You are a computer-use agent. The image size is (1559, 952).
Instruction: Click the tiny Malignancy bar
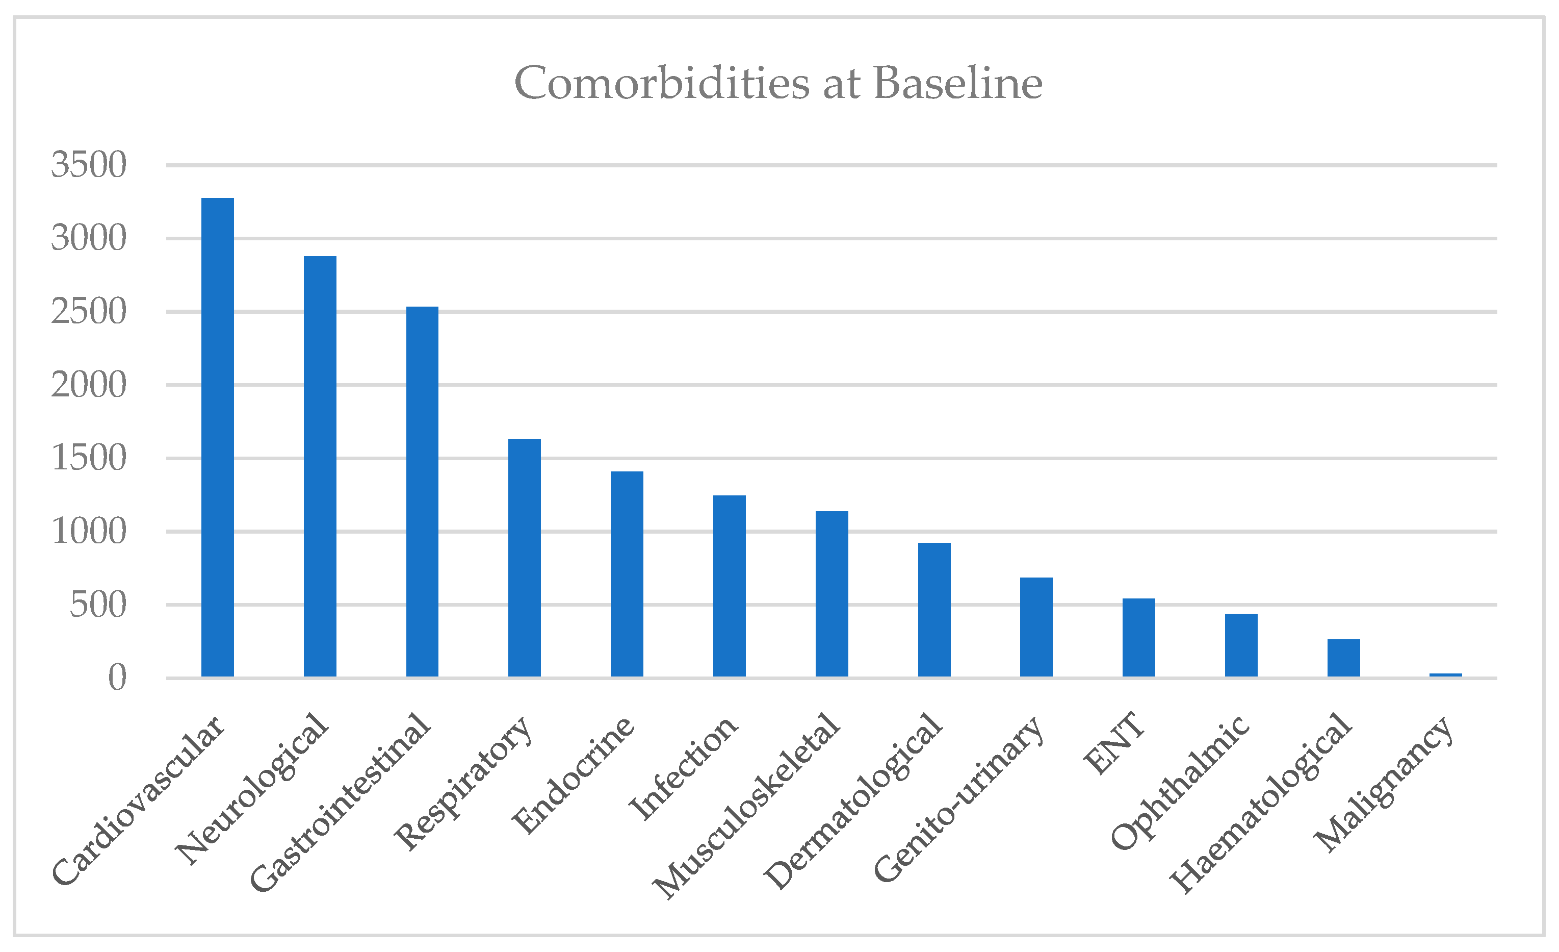[x=1446, y=675]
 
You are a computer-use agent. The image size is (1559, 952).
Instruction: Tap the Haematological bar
[x=1344, y=658]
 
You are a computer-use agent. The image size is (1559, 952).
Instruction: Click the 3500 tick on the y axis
[x=89, y=165]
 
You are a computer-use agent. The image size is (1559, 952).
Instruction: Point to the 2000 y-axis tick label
[x=89, y=385]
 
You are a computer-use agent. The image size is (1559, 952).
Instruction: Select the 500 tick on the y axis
[x=98, y=605]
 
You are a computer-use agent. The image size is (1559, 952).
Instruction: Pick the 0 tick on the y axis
[x=117, y=678]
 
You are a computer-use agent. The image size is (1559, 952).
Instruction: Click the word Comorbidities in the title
[x=661, y=83]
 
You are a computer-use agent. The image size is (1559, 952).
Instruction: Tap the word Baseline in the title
[x=958, y=83]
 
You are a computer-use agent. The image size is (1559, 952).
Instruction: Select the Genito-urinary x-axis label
[x=958, y=799]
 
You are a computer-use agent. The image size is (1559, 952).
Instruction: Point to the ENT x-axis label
[x=1113, y=744]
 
